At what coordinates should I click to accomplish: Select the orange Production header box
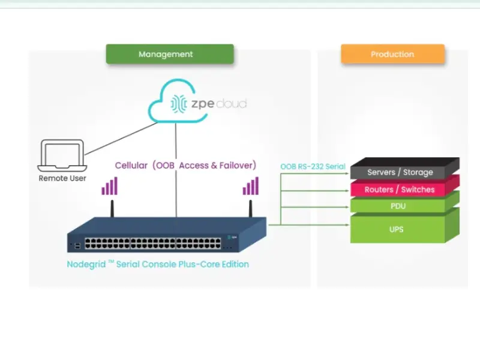click(392, 54)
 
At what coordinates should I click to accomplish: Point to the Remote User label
click(62, 178)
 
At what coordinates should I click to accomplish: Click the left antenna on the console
click(112, 208)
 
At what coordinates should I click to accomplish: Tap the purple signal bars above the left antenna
click(109, 186)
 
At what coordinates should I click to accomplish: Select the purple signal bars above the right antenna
click(251, 186)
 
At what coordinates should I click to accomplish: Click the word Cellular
click(131, 165)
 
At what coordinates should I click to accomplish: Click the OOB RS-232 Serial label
click(313, 166)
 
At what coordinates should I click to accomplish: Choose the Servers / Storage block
click(400, 172)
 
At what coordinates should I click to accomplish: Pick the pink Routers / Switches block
click(400, 190)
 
